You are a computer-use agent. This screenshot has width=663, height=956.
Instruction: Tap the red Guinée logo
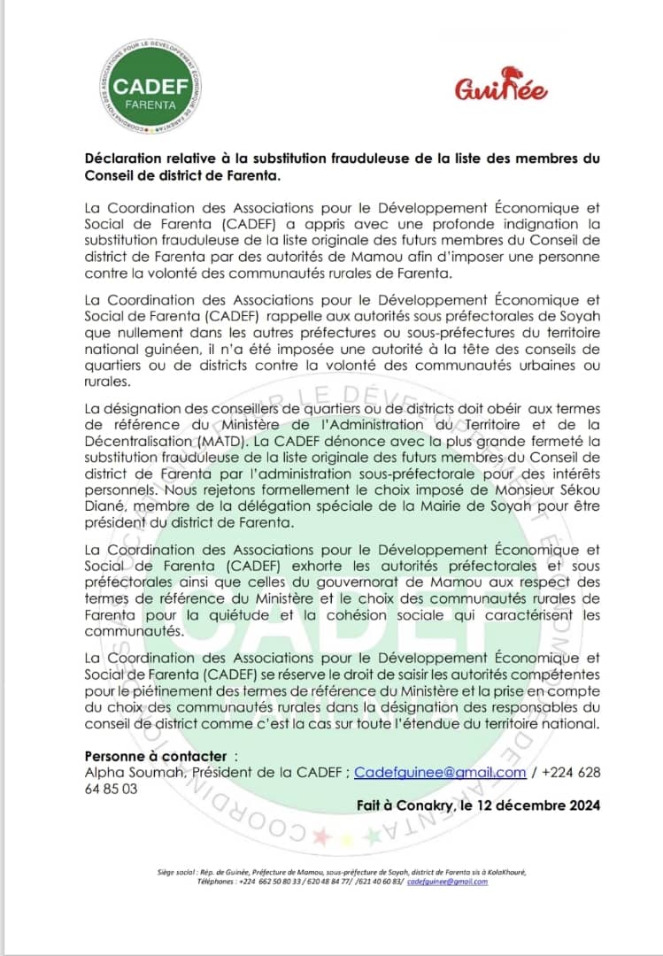pyautogui.click(x=501, y=86)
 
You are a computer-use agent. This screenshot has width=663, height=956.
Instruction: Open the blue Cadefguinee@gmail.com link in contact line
pyautogui.click(x=440, y=773)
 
